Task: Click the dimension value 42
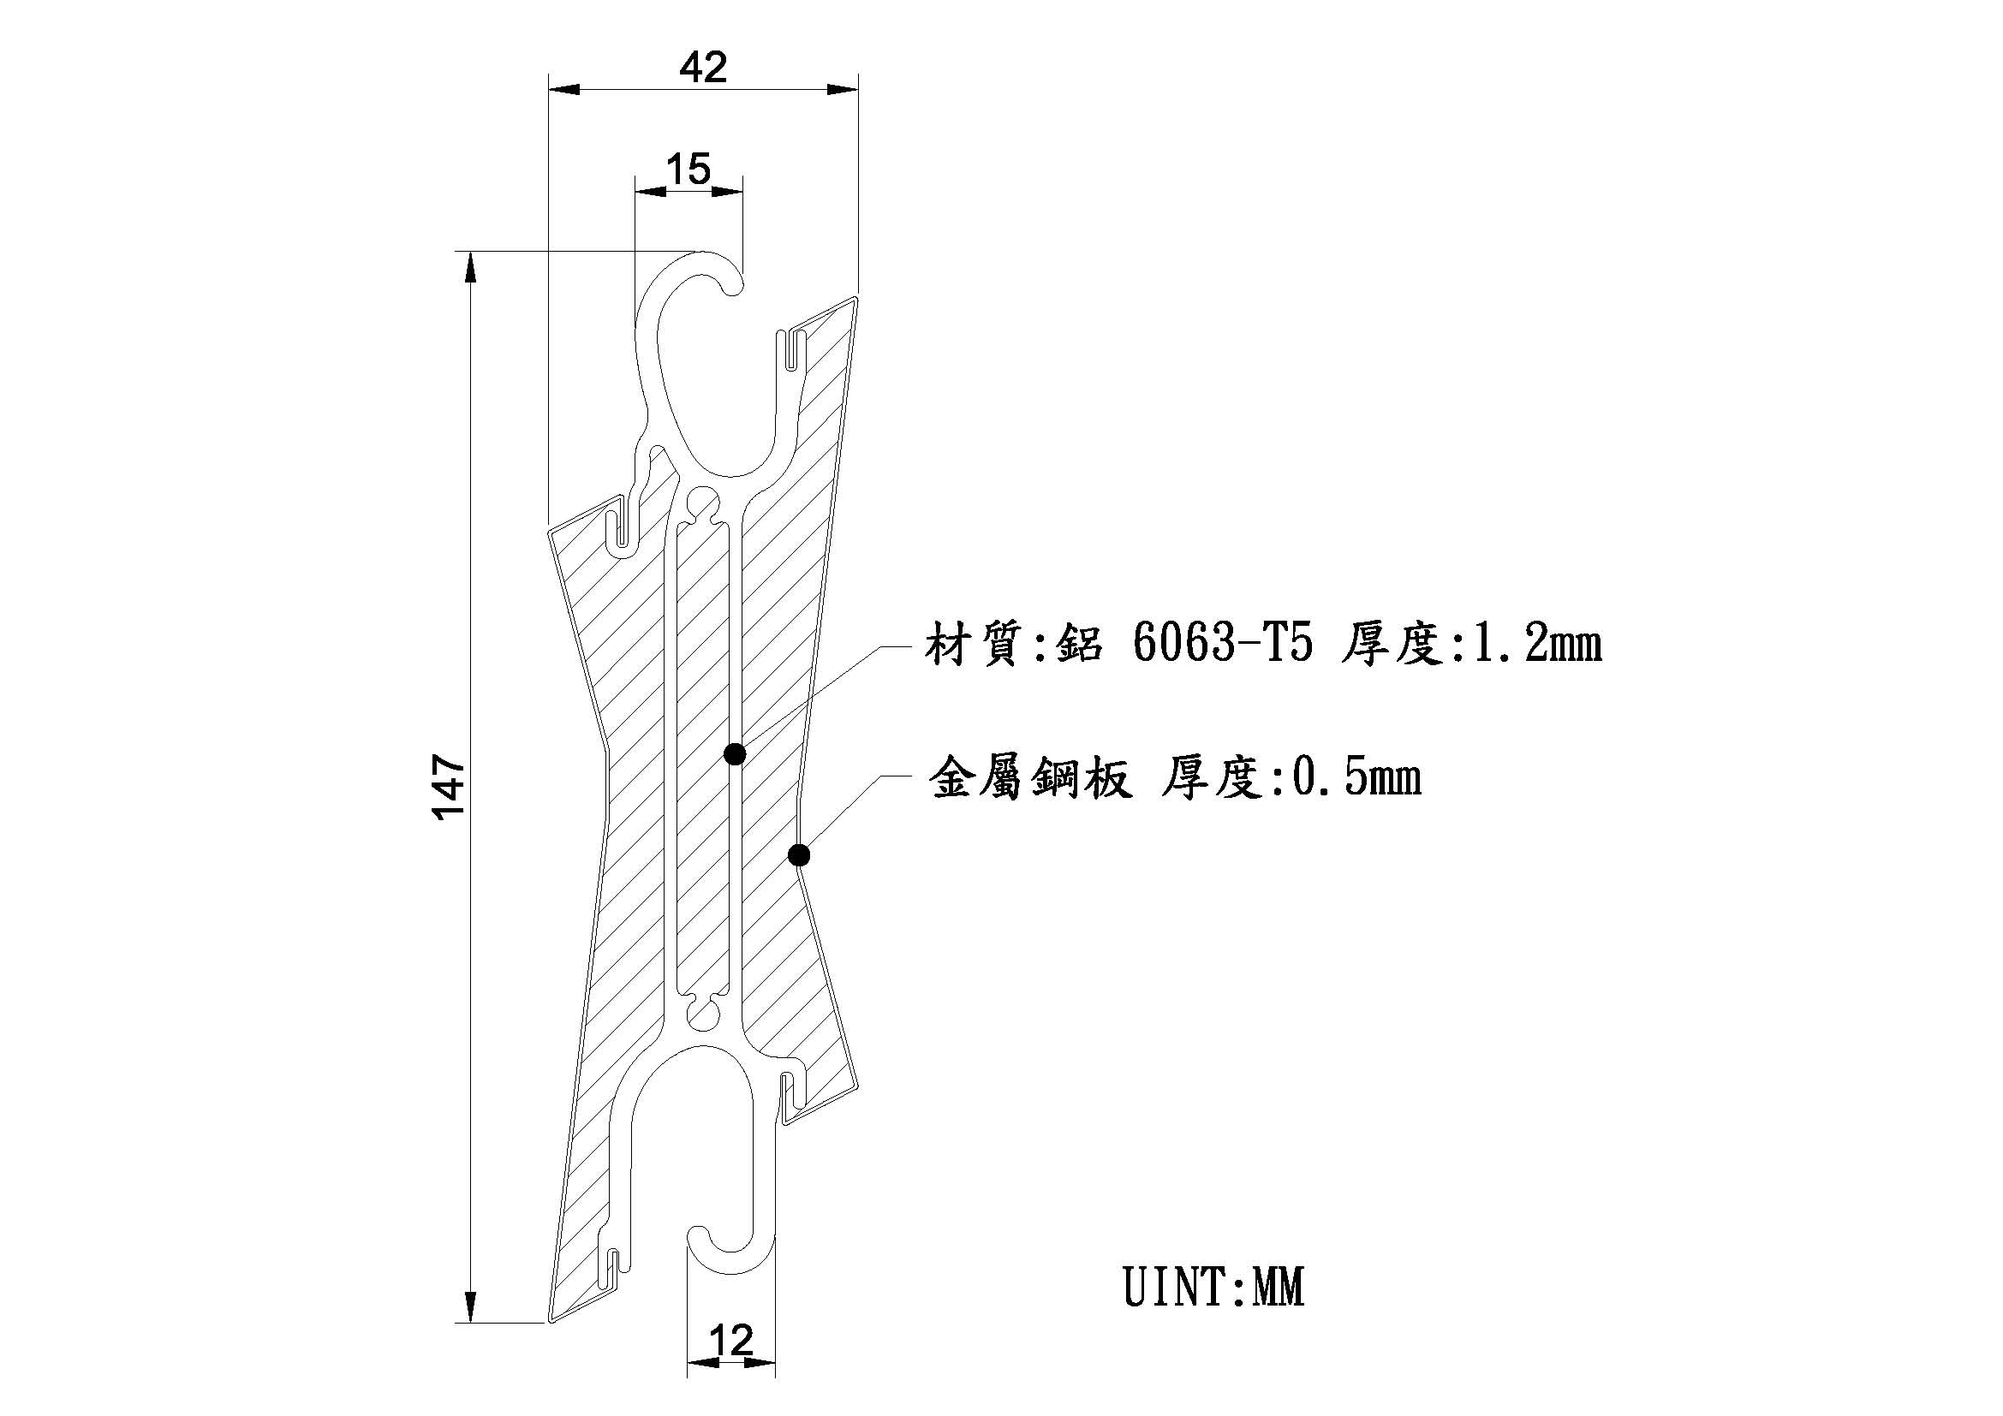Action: click(x=703, y=67)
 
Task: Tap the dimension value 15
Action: click(x=689, y=169)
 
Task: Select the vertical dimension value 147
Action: click(x=450, y=788)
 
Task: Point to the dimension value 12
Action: click(x=730, y=1340)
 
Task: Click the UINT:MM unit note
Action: click(x=1214, y=1288)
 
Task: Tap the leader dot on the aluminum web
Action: click(x=735, y=754)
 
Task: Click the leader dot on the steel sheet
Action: click(x=799, y=855)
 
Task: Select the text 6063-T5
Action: click(x=1222, y=646)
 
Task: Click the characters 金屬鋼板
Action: click(x=1032, y=776)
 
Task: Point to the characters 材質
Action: click(x=974, y=646)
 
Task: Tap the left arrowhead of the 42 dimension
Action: click(x=563, y=89)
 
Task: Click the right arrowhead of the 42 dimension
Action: click(x=843, y=89)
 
